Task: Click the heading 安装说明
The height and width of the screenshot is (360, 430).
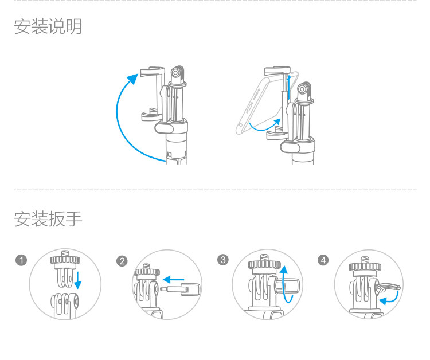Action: pyautogui.click(x=48, y=26)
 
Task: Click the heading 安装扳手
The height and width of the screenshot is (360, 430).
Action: pyautogui.click(x=48, y=219)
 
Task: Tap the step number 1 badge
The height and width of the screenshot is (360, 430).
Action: pyautogui.click(x=21, y=261)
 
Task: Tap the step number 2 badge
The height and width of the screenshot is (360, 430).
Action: pyautogui.click(x=122, y=261)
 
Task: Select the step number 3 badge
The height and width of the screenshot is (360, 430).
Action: pyautogui.click(x=223, y=260)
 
